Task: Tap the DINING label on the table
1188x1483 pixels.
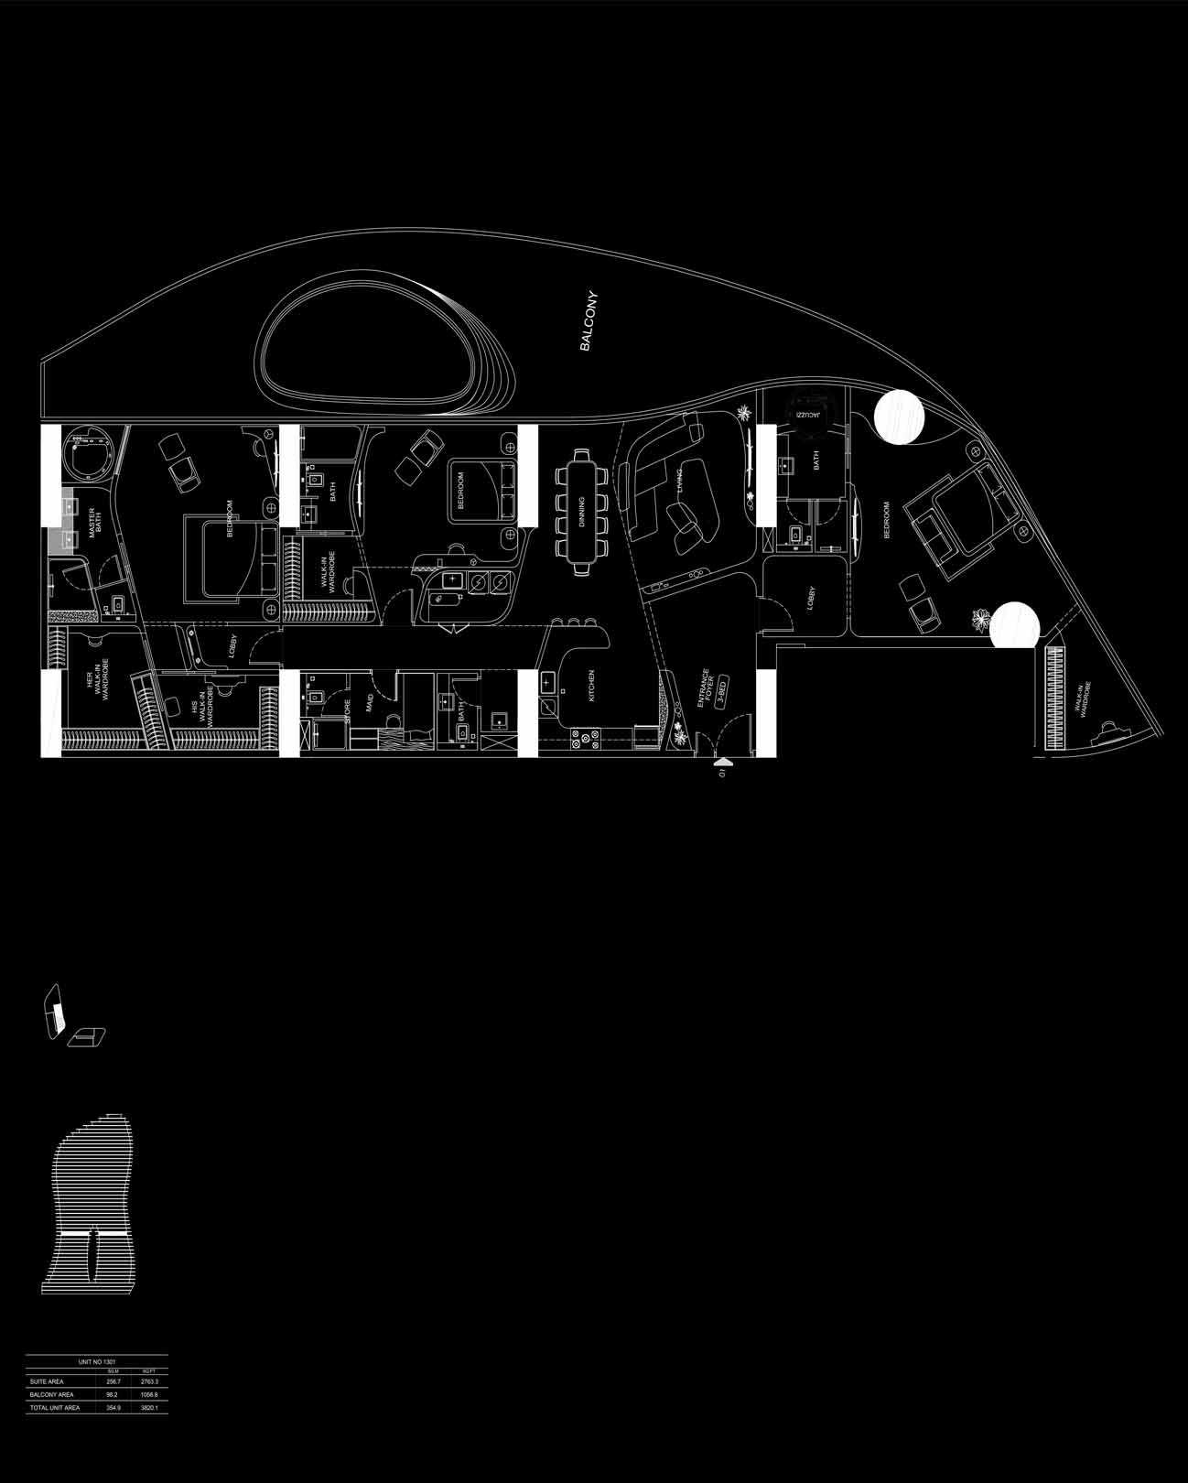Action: click(581, 508)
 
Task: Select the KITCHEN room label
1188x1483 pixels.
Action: click(591, 686)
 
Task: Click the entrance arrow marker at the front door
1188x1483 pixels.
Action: click(723, 760)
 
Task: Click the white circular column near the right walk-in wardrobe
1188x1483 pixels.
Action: click(1015, 625)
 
